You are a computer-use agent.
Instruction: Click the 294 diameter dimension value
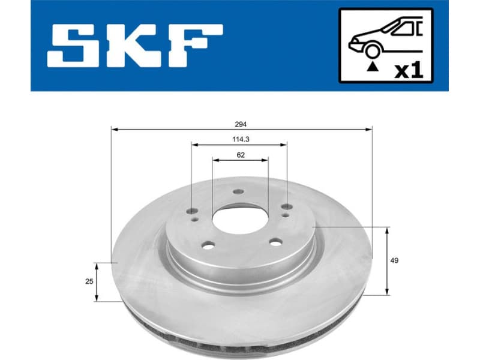(x=241, y=124)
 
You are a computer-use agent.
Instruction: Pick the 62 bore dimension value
(x=241, y=155)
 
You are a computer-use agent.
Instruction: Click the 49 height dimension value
(x=394, y=260)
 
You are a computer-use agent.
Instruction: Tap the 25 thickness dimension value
(x=89, y=281)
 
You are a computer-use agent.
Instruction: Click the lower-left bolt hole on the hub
(x=208, y=245)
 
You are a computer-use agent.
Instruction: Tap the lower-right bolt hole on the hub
(x=275, y=241)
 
